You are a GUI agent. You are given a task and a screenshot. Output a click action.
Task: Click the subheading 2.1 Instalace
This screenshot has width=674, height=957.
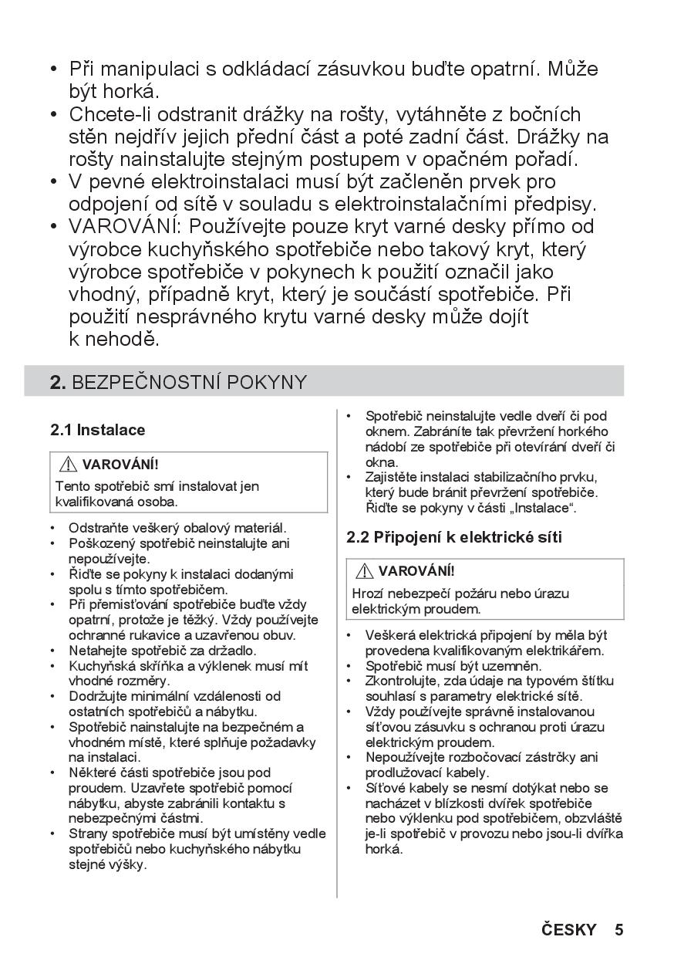pos(98,430)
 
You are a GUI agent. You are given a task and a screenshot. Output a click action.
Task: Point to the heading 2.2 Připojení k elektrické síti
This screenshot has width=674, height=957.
pos(454,537)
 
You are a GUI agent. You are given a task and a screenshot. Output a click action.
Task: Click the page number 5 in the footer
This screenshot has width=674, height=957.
pos(618,929)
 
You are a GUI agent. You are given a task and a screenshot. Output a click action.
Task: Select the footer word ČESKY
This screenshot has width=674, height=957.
pos(568,929)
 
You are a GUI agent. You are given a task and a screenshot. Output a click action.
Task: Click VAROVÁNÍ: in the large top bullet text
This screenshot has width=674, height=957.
pos(125,227)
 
